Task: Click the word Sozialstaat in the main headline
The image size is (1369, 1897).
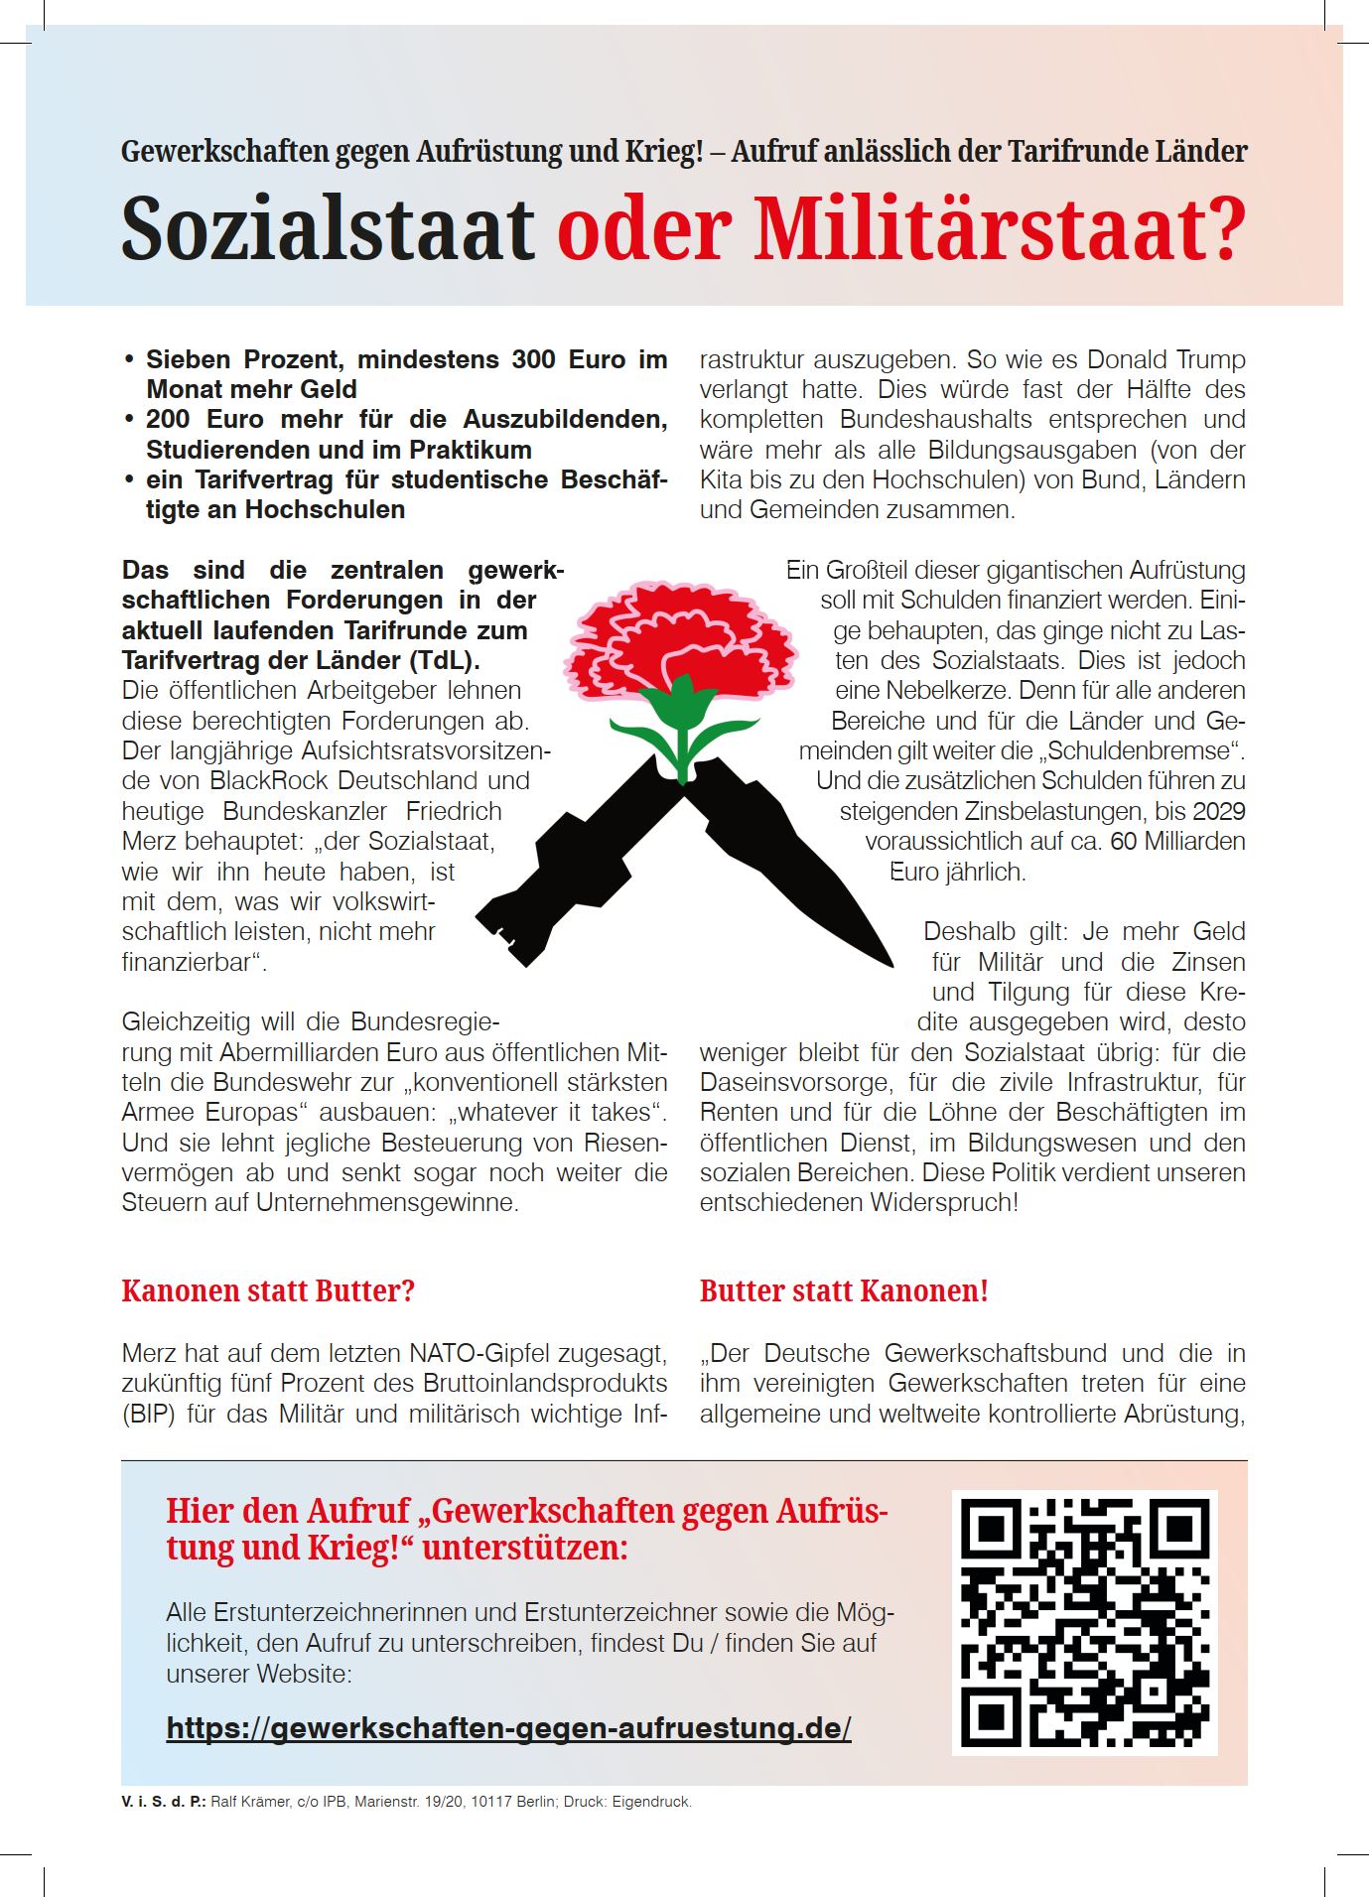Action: (x=328, y=229)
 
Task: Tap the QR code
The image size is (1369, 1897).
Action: (x=1084, y=1621)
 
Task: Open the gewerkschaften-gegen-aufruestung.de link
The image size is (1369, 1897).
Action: (x=508, y=1728)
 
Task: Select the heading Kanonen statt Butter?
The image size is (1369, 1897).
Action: (x=268, y=1291)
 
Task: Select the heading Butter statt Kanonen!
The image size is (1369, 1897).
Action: (x=844, y=1291)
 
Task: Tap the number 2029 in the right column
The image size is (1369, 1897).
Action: (x=1218, y=811)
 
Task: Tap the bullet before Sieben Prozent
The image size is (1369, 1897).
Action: (x=129, y=359)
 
